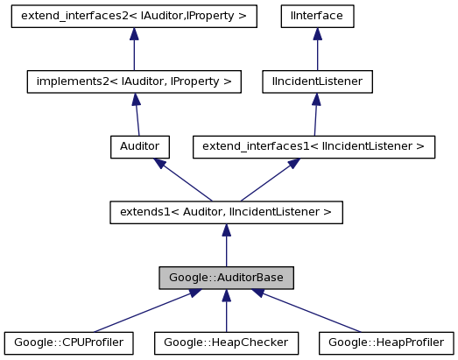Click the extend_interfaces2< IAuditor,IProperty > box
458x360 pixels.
(133, 16)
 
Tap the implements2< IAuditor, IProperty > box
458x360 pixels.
(133, 81)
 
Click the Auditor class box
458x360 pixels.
(138, 146)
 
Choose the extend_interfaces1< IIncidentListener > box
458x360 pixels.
(314, 146)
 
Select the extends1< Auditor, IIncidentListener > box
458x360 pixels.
(226, 211)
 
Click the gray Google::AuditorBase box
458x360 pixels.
(226, 277)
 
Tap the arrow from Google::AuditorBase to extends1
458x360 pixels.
(226, 245)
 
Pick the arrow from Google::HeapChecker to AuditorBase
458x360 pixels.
(226, 311)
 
